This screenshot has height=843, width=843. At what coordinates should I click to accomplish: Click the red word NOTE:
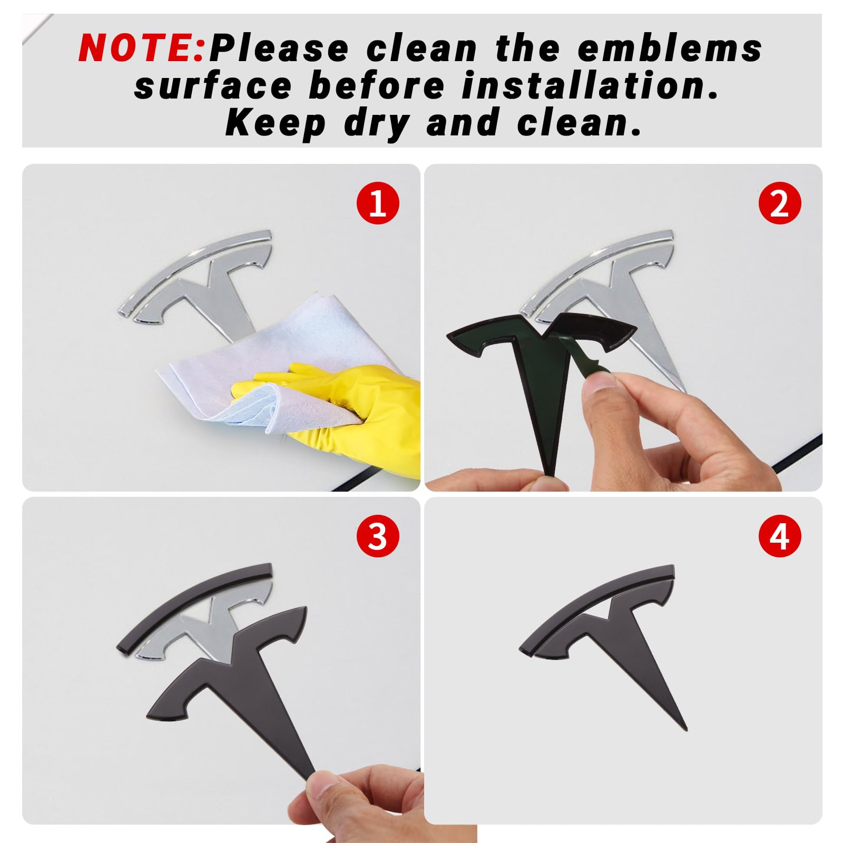coord(141,48)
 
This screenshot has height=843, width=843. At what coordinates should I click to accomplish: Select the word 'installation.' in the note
coord(590,86)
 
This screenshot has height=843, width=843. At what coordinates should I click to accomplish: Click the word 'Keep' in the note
coord(276,123)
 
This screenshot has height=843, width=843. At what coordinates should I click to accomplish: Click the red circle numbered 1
coord(378,203)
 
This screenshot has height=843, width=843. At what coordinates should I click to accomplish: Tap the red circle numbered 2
coord(780,203)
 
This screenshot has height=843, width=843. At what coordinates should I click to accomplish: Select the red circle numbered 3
coord(378,537)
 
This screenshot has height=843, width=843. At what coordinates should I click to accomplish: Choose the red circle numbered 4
coord(780,537)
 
